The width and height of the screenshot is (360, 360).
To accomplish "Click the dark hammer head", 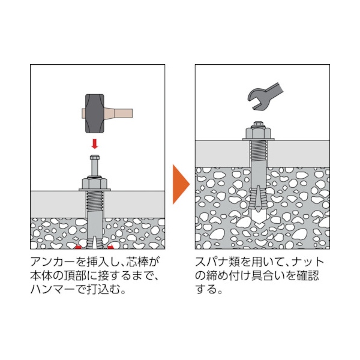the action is tap(95, 113).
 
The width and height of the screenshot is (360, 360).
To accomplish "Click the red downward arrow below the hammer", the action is tap(95, 144).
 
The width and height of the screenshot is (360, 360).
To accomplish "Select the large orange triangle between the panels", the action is tap(181, 184).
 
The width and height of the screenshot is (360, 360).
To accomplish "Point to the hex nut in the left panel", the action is tap(95, 182).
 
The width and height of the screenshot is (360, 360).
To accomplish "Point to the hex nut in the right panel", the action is tap(259, 132).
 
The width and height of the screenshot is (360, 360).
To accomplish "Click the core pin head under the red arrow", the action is tap(95, 158).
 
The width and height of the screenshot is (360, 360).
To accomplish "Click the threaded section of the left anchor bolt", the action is tap(95, 201).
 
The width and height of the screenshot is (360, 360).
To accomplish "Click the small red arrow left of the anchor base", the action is tap(79, 247).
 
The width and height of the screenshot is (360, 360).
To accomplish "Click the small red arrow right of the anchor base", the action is tap(110, 247).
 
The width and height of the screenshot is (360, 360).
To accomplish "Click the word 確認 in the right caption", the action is tap(308, 276).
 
